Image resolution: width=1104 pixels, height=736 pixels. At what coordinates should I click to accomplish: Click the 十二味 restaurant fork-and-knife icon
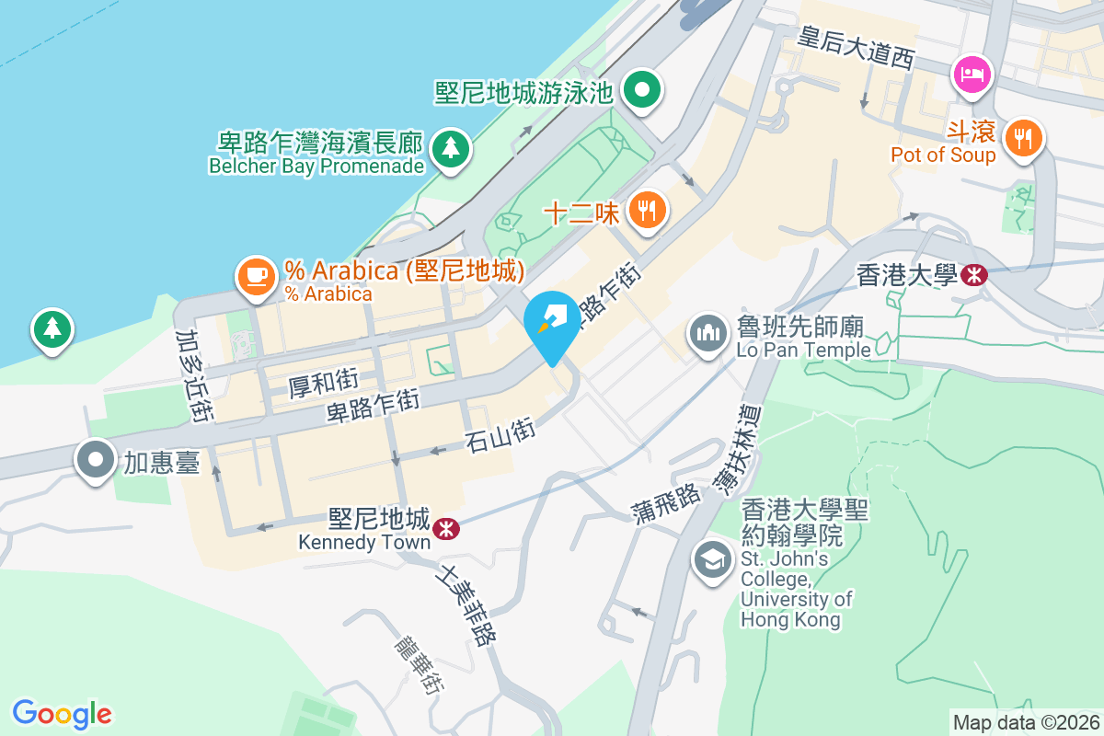649,211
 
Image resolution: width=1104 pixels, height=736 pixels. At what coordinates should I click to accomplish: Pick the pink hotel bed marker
972,74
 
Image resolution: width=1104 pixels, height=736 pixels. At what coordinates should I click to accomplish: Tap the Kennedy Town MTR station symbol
446,528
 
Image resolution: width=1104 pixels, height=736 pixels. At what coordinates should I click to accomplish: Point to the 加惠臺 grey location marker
96,461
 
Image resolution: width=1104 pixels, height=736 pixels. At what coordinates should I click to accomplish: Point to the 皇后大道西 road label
857,47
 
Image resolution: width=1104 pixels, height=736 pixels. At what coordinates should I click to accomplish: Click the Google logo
62,713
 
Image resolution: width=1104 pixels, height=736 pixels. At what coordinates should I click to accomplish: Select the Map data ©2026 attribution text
1025,722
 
